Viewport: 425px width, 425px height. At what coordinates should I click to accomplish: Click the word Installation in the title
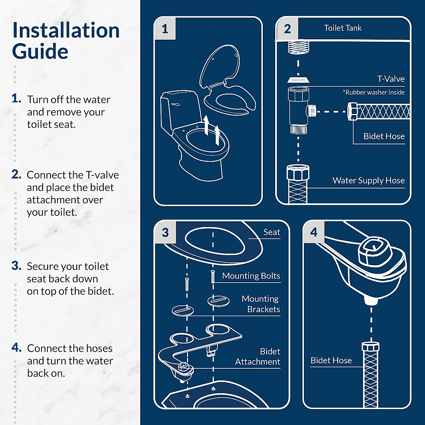tap(66, 30)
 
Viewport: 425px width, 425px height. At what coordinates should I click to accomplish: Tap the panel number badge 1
tap(165, 29)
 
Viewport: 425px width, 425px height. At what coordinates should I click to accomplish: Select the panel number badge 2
tap(287, 29)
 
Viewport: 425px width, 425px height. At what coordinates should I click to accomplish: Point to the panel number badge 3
tap(165, 233)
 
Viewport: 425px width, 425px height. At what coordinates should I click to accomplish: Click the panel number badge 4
tap(314, 232)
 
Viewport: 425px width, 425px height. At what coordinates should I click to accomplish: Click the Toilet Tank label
tap(342, 28)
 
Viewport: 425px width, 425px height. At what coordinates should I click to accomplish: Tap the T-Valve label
tap(391, 79)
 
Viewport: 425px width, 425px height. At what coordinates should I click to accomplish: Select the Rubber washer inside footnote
tap(374, 92)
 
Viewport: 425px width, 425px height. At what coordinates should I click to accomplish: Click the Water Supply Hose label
tap(368, 181)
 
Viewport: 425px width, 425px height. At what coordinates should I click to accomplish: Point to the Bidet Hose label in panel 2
tap(384, 136)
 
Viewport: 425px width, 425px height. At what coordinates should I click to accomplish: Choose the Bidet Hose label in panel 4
tap(331, 361)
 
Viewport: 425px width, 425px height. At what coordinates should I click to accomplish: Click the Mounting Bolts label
tap(251, 276)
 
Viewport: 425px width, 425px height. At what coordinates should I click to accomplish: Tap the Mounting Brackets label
tap(261, 304)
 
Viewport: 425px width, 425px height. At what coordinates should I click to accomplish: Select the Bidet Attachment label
tap(258, 357)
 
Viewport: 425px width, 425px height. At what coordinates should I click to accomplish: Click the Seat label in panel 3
tap(272, 232)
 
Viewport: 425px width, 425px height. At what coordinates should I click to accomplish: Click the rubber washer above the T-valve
tap(298, 79)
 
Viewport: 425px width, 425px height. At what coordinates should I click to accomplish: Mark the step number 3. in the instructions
tap(17, 266)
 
